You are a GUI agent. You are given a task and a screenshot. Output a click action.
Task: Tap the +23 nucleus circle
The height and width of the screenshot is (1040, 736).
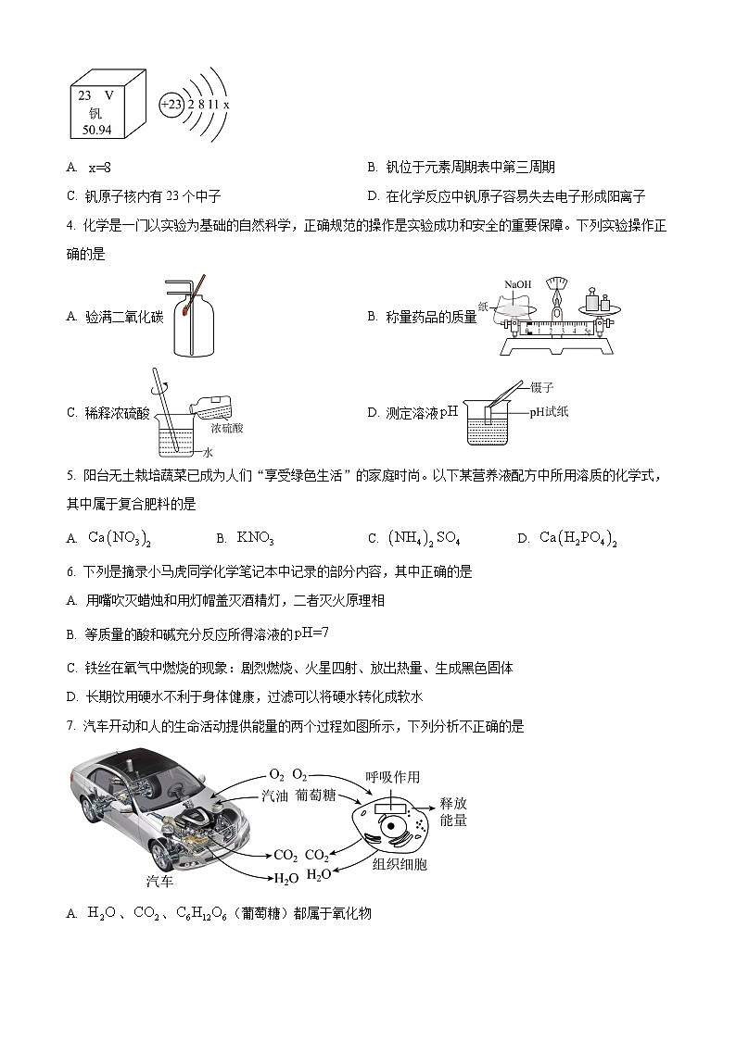[171, 105]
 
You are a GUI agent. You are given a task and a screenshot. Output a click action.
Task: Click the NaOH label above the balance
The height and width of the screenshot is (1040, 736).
[517, 283]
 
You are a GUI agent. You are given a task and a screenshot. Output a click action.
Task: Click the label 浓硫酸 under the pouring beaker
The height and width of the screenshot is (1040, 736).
[226, 429]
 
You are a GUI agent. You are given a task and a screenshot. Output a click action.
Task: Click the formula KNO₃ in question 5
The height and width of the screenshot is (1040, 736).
[255, 538]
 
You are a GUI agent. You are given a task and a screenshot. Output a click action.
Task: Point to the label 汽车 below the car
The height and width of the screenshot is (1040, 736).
[160, 881]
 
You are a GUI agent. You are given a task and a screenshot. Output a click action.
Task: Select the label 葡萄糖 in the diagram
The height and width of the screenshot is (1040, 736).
[316, 795]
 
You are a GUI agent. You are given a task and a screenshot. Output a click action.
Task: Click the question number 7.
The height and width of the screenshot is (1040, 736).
[70, 727]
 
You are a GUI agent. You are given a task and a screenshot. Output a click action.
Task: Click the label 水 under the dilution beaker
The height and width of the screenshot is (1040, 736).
[209, 454]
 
